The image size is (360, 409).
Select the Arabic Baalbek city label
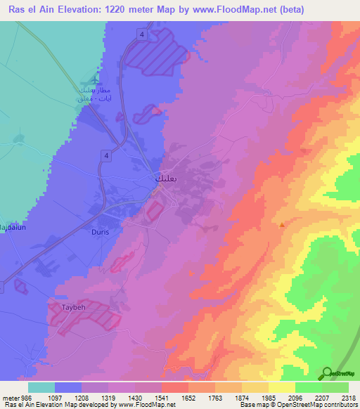pos(160,179)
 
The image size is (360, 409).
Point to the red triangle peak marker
pos(282,226)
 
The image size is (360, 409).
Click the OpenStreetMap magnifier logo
pos(327,372)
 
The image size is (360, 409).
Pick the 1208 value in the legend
pos(108,398)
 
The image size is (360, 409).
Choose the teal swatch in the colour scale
pos(41,387)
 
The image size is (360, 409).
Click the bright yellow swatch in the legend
pos(282,387)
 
